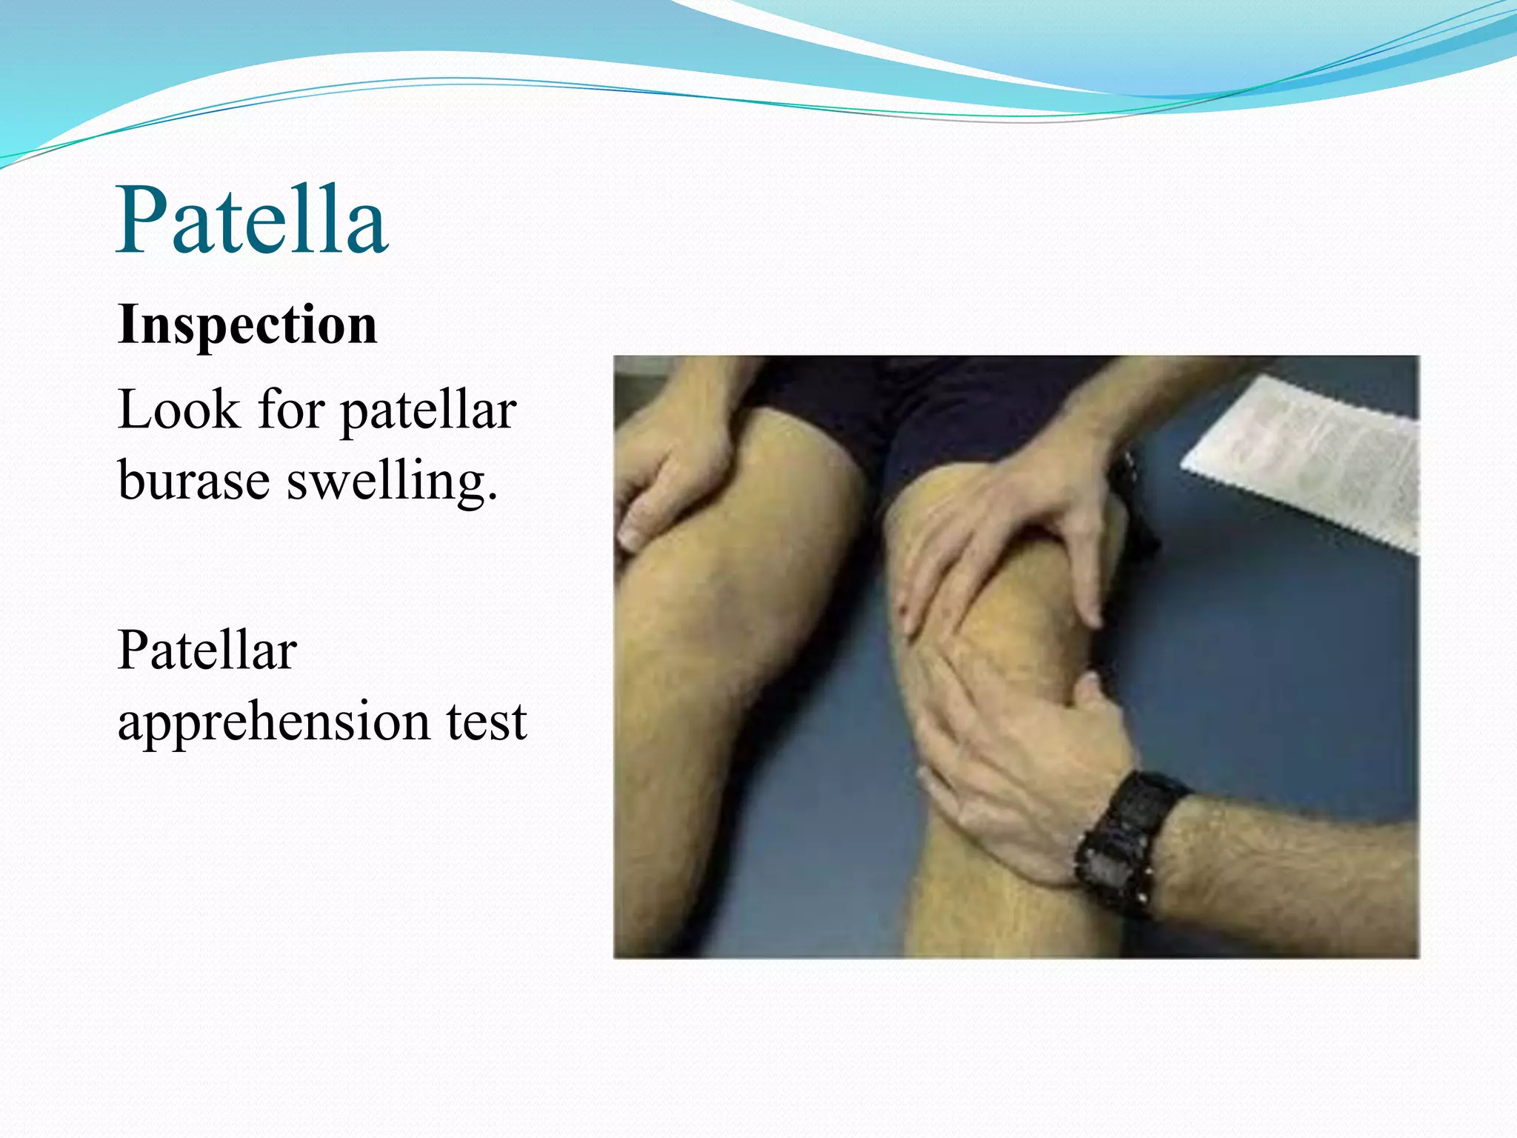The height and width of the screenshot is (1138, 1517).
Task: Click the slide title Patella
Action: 252,220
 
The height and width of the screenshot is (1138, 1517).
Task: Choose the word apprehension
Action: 273,722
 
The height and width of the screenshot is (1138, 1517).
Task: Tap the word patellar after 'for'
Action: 428,411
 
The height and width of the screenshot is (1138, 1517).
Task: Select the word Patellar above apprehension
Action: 207,650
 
